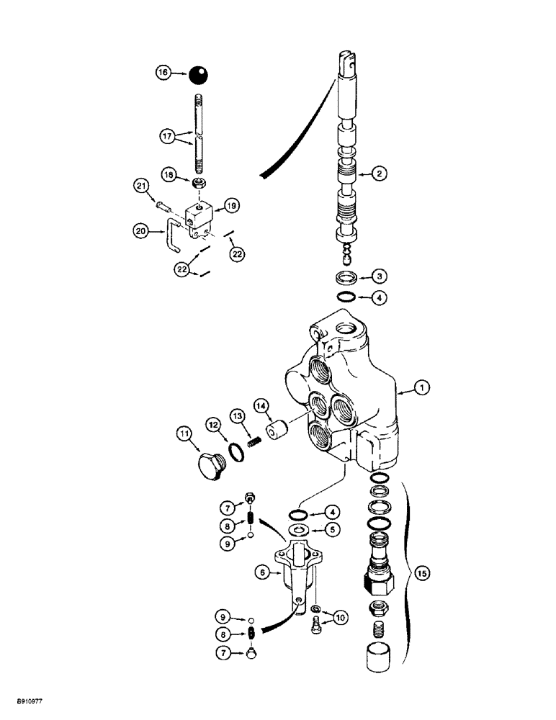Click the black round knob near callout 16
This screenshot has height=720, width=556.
pos(198,73)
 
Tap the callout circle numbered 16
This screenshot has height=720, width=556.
pos(165,73)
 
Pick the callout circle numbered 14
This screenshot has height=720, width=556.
pos(278,405)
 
